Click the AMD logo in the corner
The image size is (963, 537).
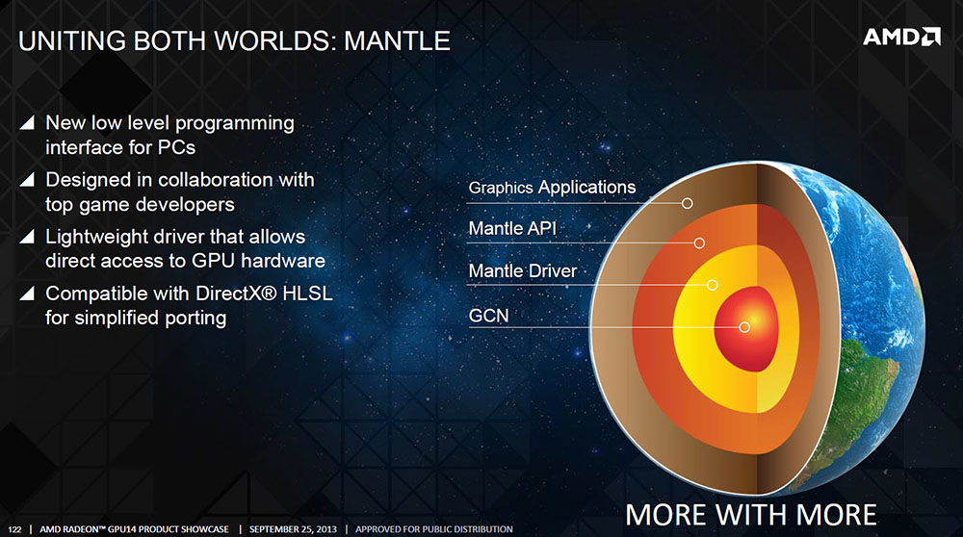click(x=901, y=37)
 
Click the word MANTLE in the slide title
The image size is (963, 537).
click(x=397, y=41)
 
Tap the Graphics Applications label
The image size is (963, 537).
click(x=552, y=188)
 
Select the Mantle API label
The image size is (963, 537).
click(x=512, y=228)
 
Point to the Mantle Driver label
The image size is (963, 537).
click(x=523, y=270)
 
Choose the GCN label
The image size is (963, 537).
click(x=489, y=316)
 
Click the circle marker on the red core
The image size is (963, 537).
click(x=744, y=327)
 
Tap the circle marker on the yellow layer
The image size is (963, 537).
click(x=713, y=285)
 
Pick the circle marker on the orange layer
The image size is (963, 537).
click(x=699, y=243)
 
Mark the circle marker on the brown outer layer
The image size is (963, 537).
click(x=688, y=203)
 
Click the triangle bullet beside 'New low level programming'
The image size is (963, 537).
click(x=27, y=123)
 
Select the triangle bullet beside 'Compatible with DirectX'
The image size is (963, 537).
click(x=27, y=294)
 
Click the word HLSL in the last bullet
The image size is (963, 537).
click(x=307, y=294)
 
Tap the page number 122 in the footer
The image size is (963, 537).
click(x=14, y=529)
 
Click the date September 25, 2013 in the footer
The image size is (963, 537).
click(x=293, y=529)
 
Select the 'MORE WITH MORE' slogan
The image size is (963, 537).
click(x=750, y=514)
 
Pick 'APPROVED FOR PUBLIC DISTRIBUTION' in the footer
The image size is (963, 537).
click(x=434, y=529)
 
